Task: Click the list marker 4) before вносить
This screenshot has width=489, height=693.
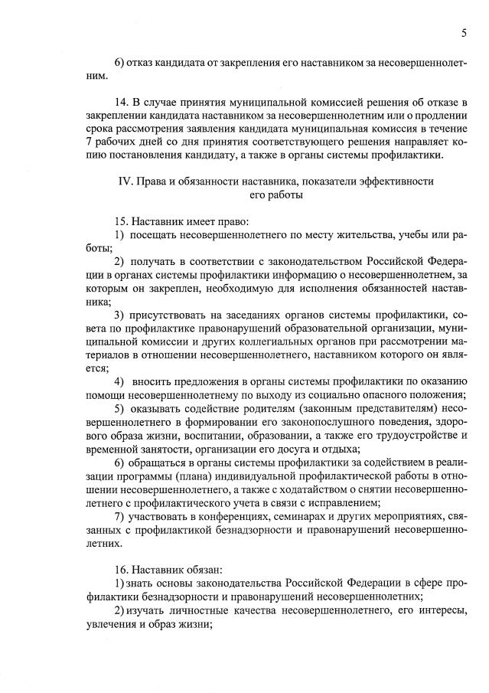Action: point(120,381)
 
